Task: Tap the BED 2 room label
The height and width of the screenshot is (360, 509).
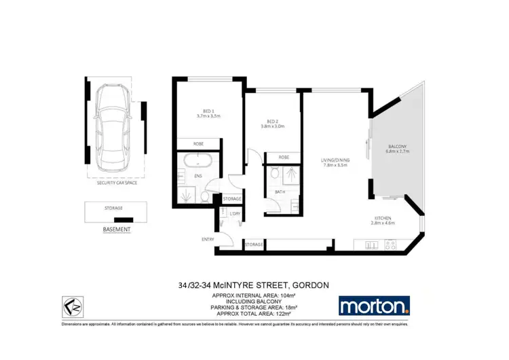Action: click(x=271, y=123)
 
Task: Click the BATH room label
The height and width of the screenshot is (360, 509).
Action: click(x=280, y=192)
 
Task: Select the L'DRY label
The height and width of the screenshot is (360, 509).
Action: click(x=235, y=214)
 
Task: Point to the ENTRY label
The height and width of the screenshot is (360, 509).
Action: click(x=207, y=240)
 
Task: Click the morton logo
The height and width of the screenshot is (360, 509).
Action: click(x=374, y=306)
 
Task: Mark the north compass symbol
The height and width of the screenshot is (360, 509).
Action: click(x=74, y=306)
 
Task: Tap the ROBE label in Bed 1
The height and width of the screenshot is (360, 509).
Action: click(x=198, y=144)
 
